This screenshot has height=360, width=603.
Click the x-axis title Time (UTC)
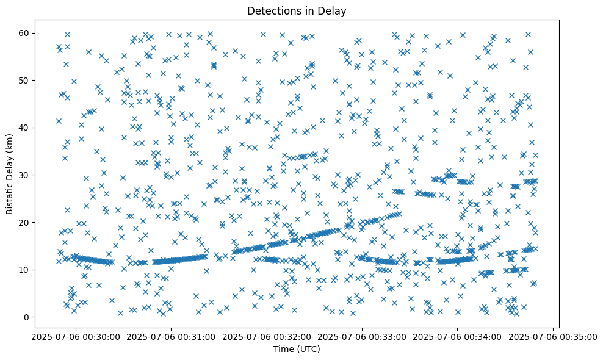[296, 350]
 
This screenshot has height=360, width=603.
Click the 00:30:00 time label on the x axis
[75, 336]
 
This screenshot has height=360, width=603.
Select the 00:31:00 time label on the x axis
[171, 336]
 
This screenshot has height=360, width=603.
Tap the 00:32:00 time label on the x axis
[267, 336]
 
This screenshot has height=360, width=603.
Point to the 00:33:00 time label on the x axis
[363, 336]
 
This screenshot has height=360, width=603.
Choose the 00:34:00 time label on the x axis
[458, 336]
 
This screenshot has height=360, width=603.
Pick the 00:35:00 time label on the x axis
[554, 336]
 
